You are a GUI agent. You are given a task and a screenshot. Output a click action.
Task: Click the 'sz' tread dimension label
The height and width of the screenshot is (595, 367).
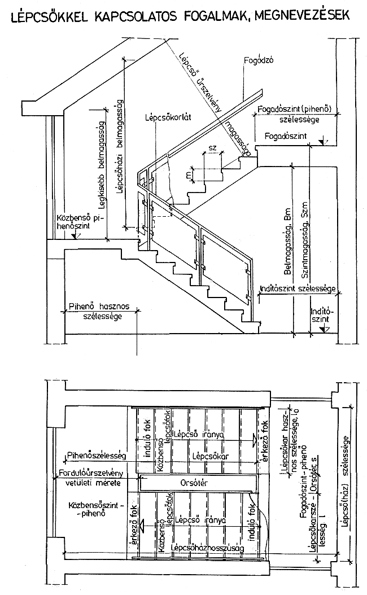[212, 147]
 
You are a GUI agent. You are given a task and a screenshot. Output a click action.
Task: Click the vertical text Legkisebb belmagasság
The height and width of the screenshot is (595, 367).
[99, 160]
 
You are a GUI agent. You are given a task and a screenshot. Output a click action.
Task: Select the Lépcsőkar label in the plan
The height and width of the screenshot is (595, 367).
[205, 454]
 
